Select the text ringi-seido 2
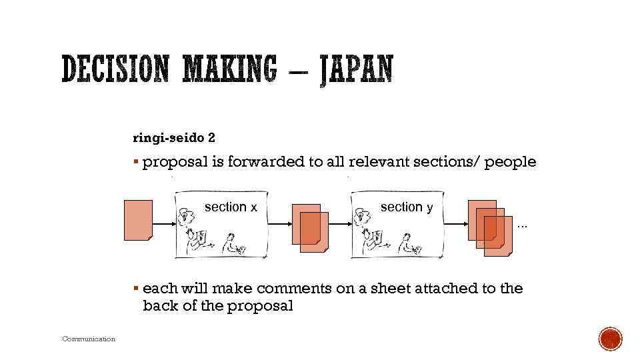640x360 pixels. pyautogui.click(x=174, y=138)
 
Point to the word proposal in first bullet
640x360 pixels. pyautogui.click(x=175, y=162)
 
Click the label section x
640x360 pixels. pyautogui.click(x=231, y=207)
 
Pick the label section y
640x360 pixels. pyautogui.click(x=407, y=207)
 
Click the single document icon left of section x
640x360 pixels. pyautogui.click(x=139, y=220)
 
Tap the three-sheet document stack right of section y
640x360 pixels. pyautogui.click(x=491, y=227)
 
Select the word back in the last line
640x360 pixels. pyautogui.click(x=158, y=306)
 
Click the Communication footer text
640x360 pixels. pyautogui.click(x=89, y=339)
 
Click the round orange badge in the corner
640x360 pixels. pyautogui.click(x=610, y=339)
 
